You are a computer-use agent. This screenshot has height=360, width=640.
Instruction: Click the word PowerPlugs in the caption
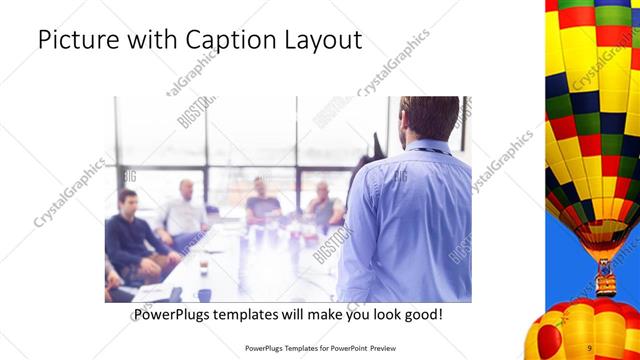pos(176,314)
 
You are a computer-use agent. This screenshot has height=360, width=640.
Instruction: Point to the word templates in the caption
pos(260,314)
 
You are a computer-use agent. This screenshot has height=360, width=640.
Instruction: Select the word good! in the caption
pos(421,314)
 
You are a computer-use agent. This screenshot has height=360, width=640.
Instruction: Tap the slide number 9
pos(590,347)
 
